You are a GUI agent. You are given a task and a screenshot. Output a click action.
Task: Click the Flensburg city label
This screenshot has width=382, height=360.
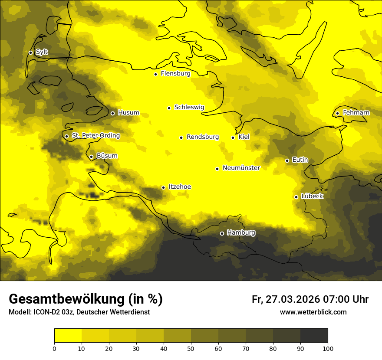coord(175,74)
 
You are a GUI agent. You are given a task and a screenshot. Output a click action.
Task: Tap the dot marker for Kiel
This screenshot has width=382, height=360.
coord(233,137)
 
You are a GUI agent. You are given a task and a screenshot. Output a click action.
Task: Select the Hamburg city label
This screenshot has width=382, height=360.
coord(241,233)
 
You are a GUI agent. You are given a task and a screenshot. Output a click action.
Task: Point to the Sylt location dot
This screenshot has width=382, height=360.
coord(30,52)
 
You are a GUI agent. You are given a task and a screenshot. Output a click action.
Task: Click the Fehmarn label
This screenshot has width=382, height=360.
coord(356,113)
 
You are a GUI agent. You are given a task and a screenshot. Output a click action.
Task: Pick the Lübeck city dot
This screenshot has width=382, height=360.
coord(296,197)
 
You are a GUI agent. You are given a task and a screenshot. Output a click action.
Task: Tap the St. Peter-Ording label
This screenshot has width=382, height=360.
coord(95,136)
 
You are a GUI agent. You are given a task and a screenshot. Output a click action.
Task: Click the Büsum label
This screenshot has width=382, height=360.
coord(107,156)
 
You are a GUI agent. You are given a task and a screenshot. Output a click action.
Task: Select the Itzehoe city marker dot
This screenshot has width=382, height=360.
coord(163,187)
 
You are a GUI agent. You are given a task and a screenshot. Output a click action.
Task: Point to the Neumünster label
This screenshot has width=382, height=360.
coord(241,168)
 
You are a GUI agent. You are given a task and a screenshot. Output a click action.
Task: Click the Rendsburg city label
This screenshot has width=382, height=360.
coord(202,137)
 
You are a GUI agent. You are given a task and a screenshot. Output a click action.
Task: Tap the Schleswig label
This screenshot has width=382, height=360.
coord(189,107)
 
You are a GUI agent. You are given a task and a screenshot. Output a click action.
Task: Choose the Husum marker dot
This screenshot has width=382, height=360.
coord(112,113)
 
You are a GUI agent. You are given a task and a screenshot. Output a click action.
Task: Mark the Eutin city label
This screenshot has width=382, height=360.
coord(300,160)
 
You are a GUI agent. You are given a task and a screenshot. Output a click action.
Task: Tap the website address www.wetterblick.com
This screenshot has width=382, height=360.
coord(313,312)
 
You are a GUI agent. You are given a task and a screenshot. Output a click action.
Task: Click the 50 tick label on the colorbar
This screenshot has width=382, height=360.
coord(191,348)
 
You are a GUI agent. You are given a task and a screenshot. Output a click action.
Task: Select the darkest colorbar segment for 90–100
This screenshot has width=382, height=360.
coord(314,336)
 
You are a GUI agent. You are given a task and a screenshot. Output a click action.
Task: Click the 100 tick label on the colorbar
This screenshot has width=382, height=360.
coord(328,348)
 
